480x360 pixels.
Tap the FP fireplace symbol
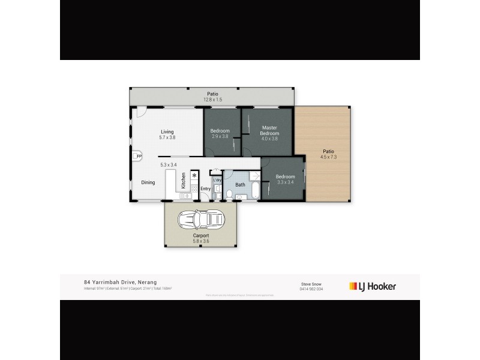(x=138, y=157)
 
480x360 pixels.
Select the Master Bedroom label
(x=270, y=130)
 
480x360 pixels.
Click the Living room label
(x=167, y=132)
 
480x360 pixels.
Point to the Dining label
(x=148, y=182)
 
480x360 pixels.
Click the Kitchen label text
(x=184, y=182)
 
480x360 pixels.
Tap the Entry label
(x=206, y=189)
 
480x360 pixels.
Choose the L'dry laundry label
(x=217, y=180)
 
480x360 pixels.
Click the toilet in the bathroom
(x=230, y=194)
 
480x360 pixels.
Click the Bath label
(x=240, y=185)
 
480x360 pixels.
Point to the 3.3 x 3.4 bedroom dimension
(x=285, y=182)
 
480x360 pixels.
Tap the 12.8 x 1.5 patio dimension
(x=212, y=99)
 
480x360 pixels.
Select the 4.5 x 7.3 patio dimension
(x=328, y=157)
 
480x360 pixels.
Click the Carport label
(x=201, y=236)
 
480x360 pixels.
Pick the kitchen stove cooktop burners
(x=194, y=187)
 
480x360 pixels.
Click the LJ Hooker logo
(x=373, y=286)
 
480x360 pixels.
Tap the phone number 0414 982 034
(x=311, y=289)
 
